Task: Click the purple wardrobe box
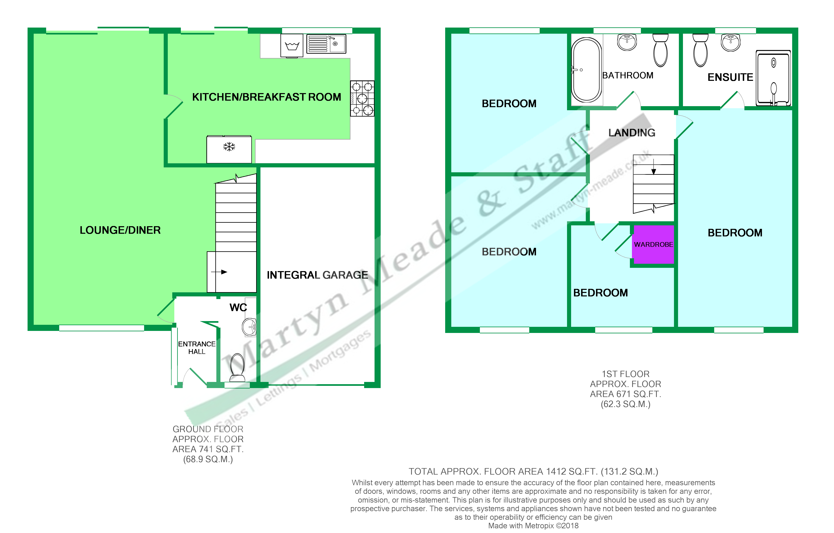click(x=653, y=245)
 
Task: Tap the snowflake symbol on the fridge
click(x=229, y=147)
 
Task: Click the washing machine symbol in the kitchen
click(x=292, y=45)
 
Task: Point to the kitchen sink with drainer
click(x=326, y=44)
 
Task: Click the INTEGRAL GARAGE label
click(x=317, y=275)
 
